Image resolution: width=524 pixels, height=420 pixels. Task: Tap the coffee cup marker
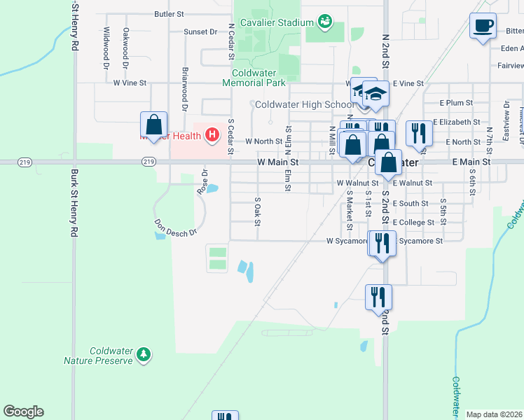coord(483,27)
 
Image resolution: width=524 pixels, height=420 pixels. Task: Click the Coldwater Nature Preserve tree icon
coord(144,355)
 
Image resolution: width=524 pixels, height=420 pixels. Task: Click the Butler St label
coord(169,13)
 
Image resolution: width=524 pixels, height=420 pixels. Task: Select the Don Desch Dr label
coord(176,228)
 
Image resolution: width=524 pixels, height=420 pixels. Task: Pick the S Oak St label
coord(258,212)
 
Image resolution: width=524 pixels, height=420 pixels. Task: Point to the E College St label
coord(413,222)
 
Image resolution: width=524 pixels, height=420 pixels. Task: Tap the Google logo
coord(23,412)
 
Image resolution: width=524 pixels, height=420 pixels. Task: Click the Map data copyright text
coord(494,414)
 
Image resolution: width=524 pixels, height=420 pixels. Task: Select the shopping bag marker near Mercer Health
coord(153,126)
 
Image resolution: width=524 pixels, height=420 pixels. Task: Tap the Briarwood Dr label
coord(185,89)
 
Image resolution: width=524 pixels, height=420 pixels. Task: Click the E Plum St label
coord(457,102)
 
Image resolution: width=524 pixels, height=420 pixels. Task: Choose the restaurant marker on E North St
coord(419,134)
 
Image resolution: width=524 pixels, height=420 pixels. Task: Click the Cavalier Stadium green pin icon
coord(325,22)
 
